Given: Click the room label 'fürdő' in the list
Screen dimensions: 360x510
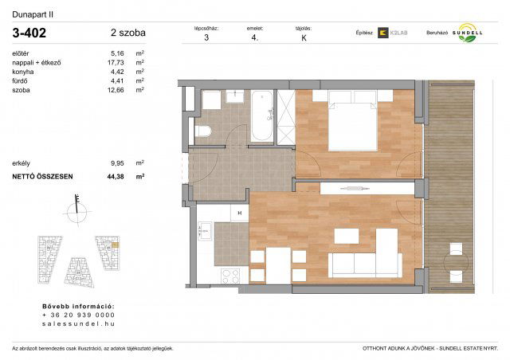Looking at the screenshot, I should (x=19, y=80).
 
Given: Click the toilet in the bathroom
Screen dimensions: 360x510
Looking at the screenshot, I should (x=202, y=131).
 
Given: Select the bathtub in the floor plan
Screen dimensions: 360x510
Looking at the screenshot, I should (x=261, y=117).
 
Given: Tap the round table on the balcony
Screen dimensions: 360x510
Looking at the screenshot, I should (x=454, y=262).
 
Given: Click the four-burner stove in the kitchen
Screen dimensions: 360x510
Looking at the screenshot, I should (x=231, y=276).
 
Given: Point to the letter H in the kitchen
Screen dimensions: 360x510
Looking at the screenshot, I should (x=239, y=213).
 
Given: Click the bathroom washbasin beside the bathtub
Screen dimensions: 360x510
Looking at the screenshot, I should (x=235, y=97).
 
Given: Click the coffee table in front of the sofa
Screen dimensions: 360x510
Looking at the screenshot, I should (x=346, y=236).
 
